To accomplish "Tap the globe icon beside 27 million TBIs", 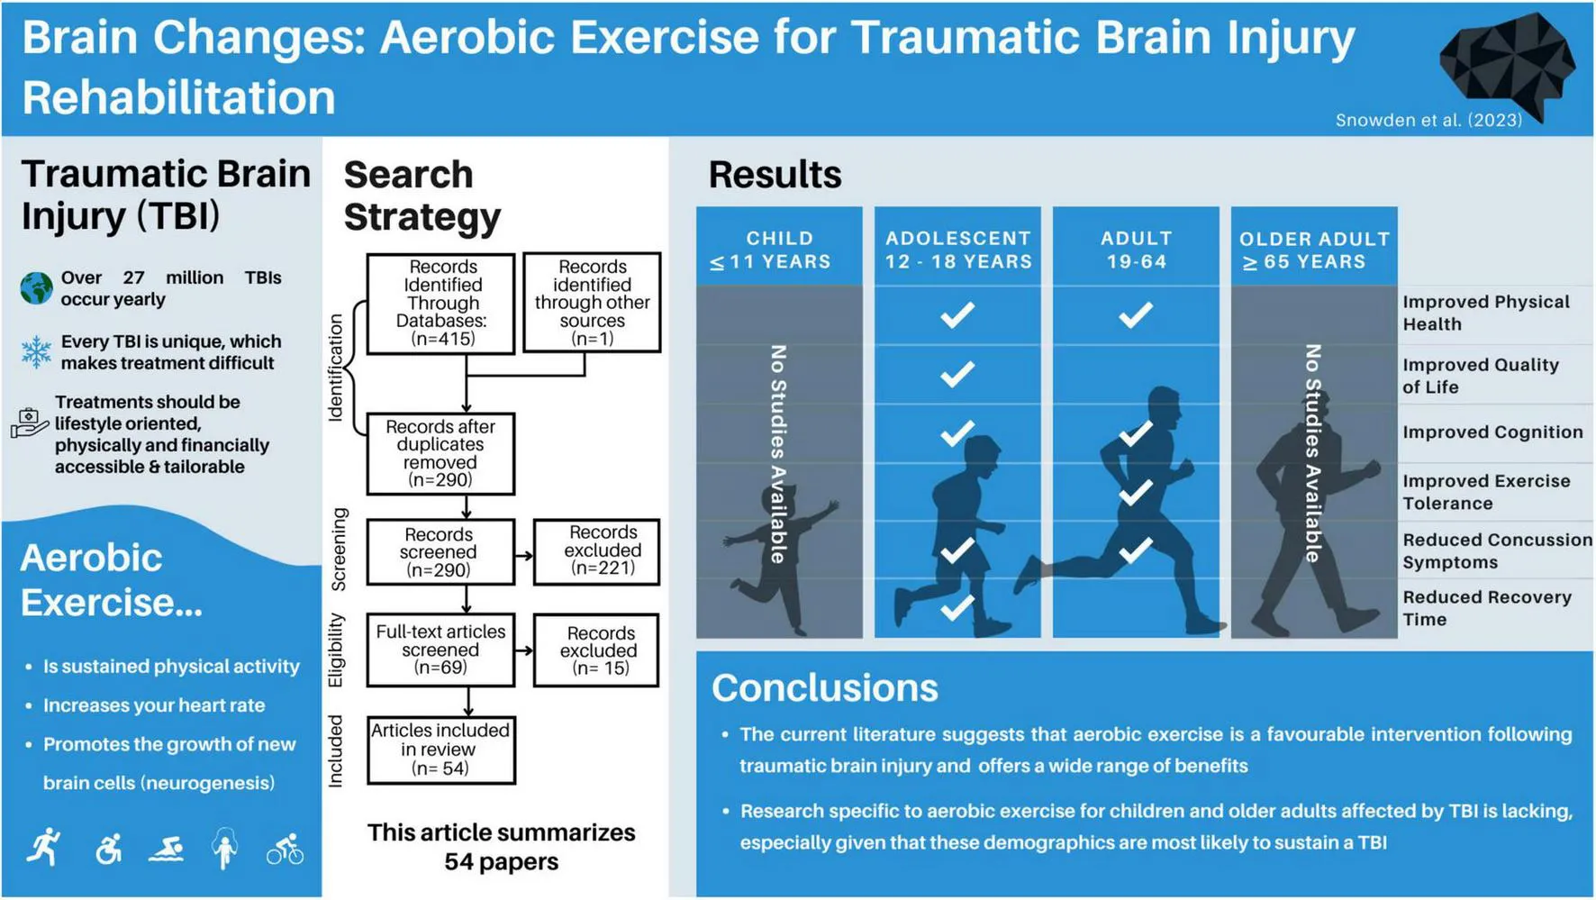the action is coord(36,288).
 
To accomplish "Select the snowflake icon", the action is coord(36,352).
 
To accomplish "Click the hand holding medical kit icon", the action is coord(30,422).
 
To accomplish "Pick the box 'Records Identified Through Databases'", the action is coord(441,304).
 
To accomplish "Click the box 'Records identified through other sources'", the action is coord(592,302).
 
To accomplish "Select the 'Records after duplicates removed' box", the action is coord(440,453).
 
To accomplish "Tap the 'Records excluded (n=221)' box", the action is coord(596,551).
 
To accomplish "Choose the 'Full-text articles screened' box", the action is coord(440,650).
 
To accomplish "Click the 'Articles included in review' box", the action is coord(441,750).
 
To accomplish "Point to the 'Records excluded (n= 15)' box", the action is coord(596,650).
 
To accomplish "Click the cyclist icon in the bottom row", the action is coord(285,849).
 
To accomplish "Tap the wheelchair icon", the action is coord(108,849).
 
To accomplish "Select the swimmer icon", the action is coord(167,850).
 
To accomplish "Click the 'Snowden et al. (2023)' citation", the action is coord(1428,120).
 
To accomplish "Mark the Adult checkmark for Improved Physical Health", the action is coord(1136,314).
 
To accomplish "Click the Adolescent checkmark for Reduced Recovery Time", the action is coord(957,607).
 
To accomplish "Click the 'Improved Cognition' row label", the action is coord(1492,432).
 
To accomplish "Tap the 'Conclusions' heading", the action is coord(824,687).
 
